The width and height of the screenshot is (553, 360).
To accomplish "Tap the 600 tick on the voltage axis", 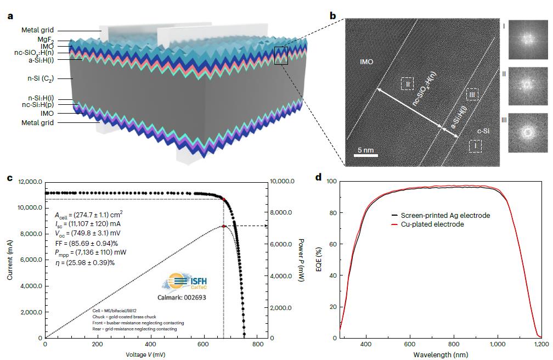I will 202,344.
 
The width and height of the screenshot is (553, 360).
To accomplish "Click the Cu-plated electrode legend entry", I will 432,224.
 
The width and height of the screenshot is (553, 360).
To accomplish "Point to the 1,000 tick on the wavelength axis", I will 497,344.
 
